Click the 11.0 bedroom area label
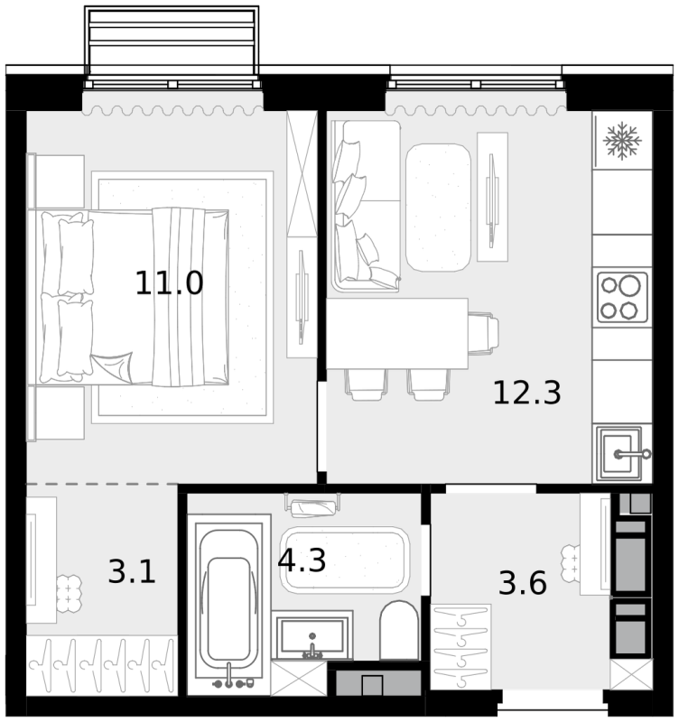point(169,282)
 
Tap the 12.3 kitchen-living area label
point(527,393)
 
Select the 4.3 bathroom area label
point(302,560)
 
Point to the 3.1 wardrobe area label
point(132,571)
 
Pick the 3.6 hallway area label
point(523,582)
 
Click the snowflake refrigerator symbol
point(622,141)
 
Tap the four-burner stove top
point(622,298)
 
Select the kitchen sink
point(619,454)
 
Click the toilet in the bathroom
point(399,630)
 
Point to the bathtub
point(229,602)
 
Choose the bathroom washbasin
point(312,635)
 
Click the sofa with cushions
point(366,206)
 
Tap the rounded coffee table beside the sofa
point(438,208)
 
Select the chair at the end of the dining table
point(484,334)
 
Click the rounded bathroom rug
point(345,560)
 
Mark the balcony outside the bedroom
point(172,46)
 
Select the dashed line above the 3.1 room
point(102,484)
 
